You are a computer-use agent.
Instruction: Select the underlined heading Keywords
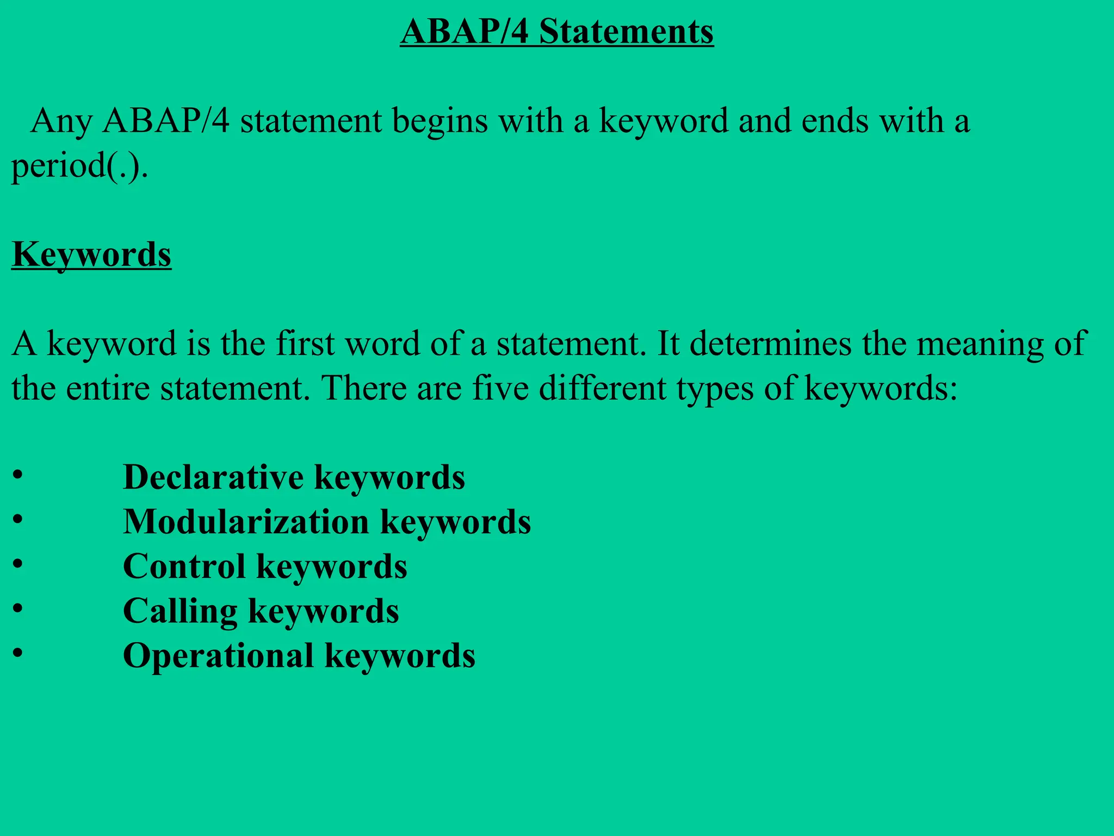(x=91, y=255)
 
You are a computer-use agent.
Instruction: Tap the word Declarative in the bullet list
(x=213, y=477)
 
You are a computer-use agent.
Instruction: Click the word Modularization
(x=246, y=522)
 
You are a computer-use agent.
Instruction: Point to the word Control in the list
(x=184, y=567)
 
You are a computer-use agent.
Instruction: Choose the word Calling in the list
(x=180, y=611)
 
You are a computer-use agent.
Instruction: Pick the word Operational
(x=218, y=655)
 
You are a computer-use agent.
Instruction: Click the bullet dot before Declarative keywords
(x=18, y=474)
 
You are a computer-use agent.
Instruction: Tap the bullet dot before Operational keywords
(x=18, y=652)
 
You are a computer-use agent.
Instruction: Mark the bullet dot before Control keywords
(x=18, y=563)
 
